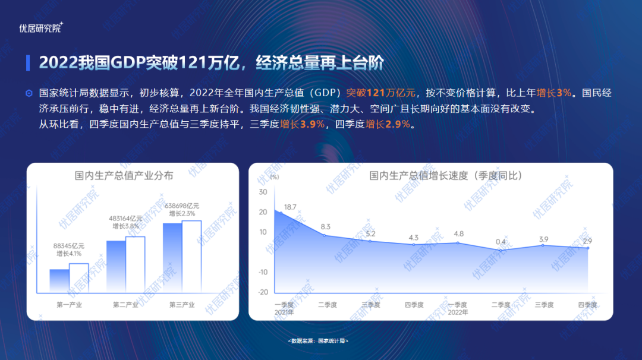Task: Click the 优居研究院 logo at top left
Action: click(x=41, y=27)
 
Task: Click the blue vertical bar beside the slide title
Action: click(x=28, y=62)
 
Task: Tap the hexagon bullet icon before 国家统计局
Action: click(x=29, y=93)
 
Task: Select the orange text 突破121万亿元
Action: click(x=380, y=93)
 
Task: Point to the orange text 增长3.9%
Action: click(x=302, y=124)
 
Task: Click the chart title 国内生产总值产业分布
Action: click(x=124, y=175)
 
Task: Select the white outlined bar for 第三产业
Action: click(x=191, y=256)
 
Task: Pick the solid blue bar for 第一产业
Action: click(x=59, y=280)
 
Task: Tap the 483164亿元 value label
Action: click(x=125, y=219)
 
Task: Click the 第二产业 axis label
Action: click(x=125, y=305)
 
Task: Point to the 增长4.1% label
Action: click(x=69, y=254)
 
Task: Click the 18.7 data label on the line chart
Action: click(x=290, y=207)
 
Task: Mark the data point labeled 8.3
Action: click(x=325, y=235)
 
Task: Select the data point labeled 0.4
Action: click(x=501, y=250)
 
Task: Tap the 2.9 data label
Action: click(x=587, y=241)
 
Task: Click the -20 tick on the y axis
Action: click(x=263, y=292)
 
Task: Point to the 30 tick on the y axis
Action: click(x=263, y=192)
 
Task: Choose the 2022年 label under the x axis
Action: click(x=457, y=312)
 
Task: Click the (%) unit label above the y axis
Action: click(x=275, y=176)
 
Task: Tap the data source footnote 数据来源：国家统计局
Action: click(x=318, y=341)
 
